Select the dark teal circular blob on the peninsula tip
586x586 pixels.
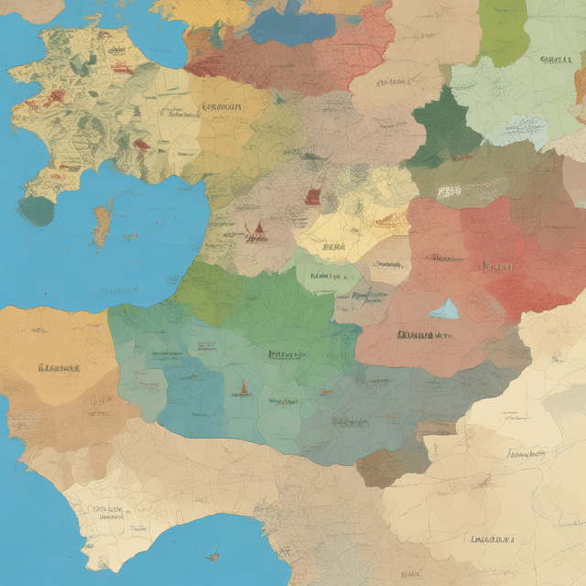coord(37,211)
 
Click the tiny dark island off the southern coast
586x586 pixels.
coord(212,555)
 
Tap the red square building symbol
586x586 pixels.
coord(313,195)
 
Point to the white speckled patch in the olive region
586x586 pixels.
coord(448,192)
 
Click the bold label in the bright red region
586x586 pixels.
coord(498,267)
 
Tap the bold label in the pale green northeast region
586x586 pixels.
coord(556,60)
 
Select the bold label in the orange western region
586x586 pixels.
coord(60,368)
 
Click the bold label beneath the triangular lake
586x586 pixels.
coord(427,335)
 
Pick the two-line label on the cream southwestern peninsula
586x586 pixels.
coord(107,513)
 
